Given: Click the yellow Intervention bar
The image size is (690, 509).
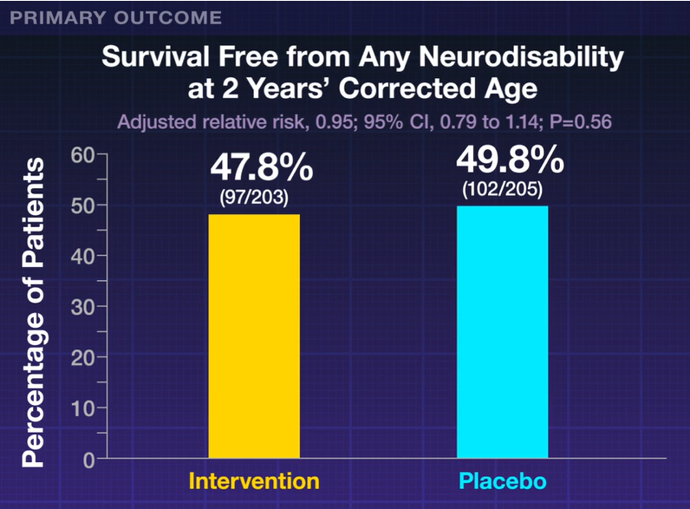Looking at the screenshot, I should (x=253, y=336).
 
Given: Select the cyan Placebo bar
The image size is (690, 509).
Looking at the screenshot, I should (x=502, y=331).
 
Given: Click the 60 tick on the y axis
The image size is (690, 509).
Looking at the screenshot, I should (x=82, y=155).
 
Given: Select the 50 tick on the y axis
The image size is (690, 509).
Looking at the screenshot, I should (x=82, y=206).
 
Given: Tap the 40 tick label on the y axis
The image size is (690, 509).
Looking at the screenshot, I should (x=82, y=256).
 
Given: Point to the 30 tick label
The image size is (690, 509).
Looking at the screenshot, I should (x=82, y=307).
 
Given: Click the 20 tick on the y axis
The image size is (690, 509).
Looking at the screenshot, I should (x=82, y=357).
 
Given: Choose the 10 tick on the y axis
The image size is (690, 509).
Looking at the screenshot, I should (x=82, y=408).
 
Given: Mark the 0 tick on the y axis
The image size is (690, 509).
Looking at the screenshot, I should (x=88, y=459).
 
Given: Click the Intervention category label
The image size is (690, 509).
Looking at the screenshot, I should (x=254, y=480).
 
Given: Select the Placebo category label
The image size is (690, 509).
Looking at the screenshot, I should (x=503, y=480).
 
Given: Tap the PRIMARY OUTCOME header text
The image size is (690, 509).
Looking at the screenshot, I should (x=116, y=17).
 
